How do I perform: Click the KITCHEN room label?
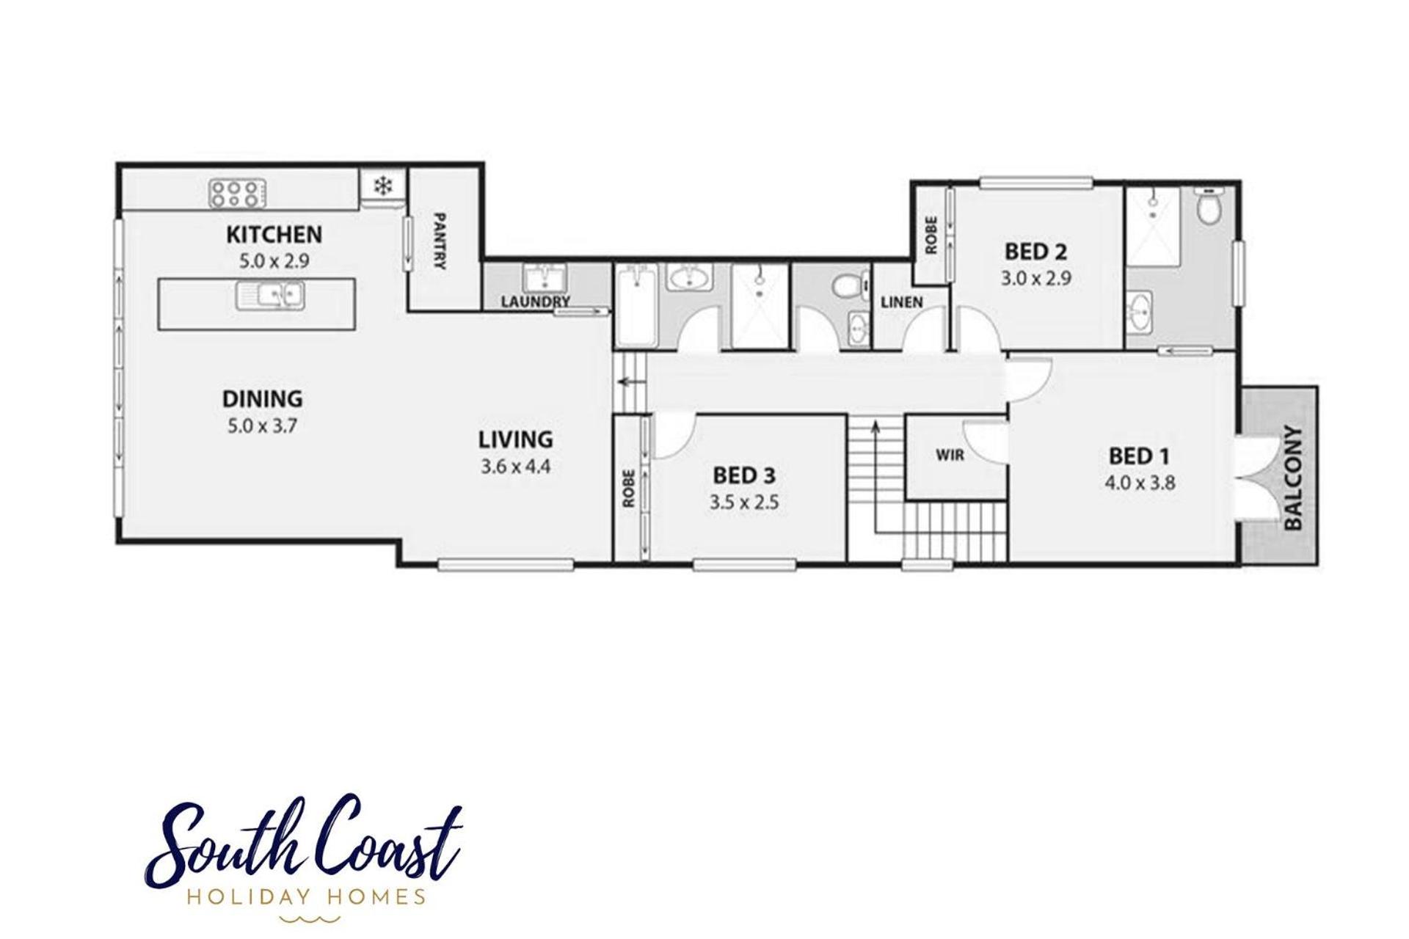[x=274, y=235]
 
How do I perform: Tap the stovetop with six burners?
[x=237, y=194]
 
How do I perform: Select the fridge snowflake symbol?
[x=382, y=186]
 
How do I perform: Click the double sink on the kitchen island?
[x=270, y=296]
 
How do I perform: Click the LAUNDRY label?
[x=536, y=302]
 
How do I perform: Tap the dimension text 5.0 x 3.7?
[x=262, y=425]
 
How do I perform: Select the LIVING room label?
[x=516, y=440]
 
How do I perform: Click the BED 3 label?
[x=744, y=476]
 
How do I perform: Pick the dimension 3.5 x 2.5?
[x=744, y=503]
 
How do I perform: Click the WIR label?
[x=950, y=456]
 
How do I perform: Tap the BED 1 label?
[x=1139, y=456]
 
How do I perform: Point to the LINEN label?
[x=902, y=302]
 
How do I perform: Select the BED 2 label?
[x=1035, y=252]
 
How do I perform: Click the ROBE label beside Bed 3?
[x=629, y=488]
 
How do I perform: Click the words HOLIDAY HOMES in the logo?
[x=307, y=896]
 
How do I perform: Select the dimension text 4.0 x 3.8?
[x=1140, y=483]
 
